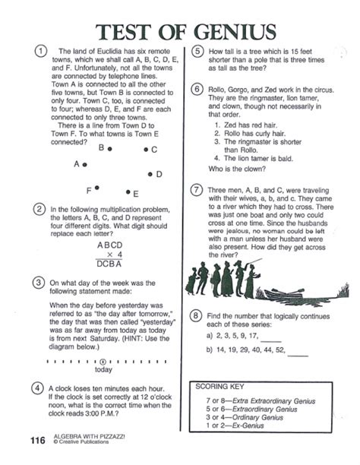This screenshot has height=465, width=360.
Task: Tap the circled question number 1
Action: (41, 51)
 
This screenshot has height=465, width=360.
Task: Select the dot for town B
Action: (109, 149)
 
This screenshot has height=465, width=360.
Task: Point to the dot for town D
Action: (150, 174)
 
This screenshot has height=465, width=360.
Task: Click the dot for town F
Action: (96, 188)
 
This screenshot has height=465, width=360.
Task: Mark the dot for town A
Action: (85, 165)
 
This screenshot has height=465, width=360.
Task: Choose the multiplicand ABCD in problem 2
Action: (109, 245)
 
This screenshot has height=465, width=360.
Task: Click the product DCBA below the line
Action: (109, 264)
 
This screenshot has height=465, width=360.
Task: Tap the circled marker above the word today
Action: (103, 362)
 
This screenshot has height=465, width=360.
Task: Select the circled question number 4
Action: (37, 388)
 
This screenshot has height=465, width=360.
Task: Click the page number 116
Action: (38, 441)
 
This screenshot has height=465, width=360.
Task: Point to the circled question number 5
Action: (197, 52)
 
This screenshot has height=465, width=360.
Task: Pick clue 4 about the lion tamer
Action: (254, 158)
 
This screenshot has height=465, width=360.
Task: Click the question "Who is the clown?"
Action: (237, 169)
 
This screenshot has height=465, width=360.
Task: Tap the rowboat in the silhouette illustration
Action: (283, 294)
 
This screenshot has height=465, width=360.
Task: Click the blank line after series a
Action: (270, 342)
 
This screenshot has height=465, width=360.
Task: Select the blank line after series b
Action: (298, 356)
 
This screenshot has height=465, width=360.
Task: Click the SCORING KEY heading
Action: (219, 387)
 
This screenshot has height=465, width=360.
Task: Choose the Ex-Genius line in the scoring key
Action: (235, 425)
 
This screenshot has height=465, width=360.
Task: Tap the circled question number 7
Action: (196, 190)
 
